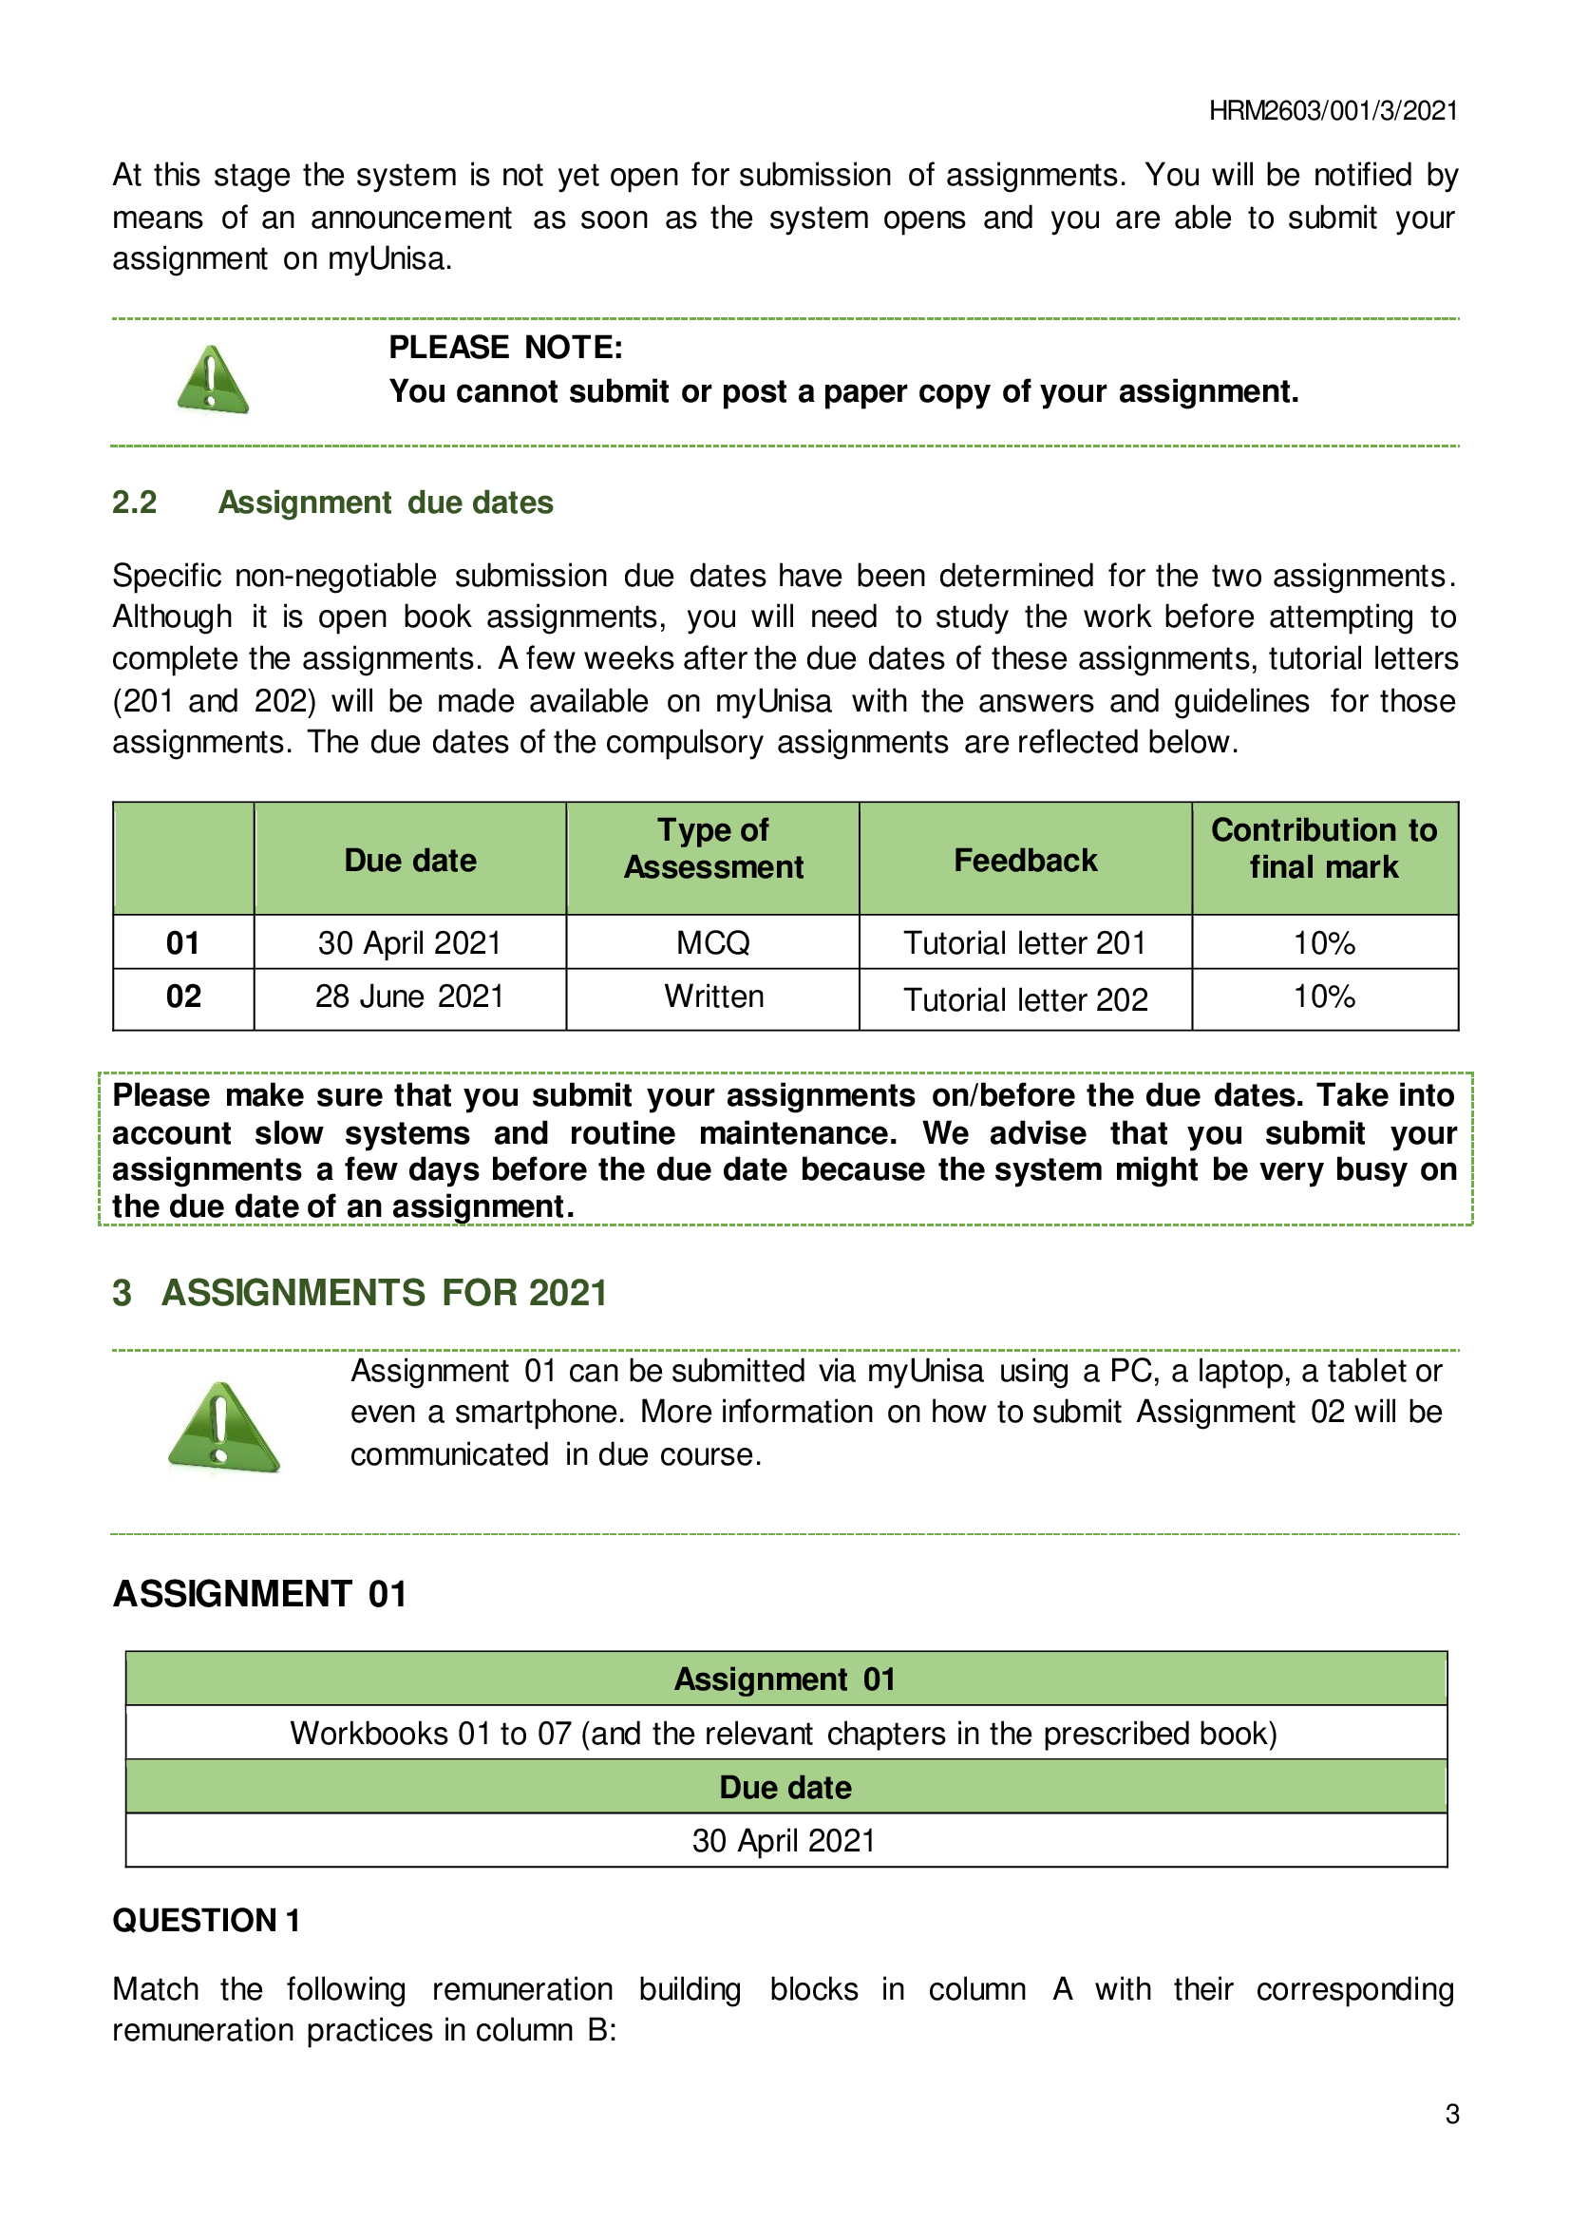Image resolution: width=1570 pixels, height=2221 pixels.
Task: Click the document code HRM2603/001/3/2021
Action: [x=1332, y=111]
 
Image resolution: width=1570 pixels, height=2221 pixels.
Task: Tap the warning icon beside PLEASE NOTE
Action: [x=213, y=379]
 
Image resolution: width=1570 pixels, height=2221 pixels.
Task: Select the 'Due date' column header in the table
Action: [x=410, y=860]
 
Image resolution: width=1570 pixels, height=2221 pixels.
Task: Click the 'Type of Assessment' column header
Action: [x=713, y=848]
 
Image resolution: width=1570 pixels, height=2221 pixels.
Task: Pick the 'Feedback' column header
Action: [x=1026, y=860]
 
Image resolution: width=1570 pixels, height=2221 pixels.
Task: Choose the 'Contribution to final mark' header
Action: [x=1323, y=848]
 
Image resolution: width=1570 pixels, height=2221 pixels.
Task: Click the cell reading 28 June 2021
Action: [x=410, y=997]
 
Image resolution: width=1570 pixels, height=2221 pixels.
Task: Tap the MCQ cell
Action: [x=713, y=942]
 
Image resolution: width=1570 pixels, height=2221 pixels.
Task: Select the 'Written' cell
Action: [x=713, y=997]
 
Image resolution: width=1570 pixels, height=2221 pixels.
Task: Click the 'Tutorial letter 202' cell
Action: [x=1026, y=999]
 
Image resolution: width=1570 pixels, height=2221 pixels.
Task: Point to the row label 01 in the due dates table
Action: [x=182, y=942]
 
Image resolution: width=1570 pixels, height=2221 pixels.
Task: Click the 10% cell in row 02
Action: [x=1323, y=997]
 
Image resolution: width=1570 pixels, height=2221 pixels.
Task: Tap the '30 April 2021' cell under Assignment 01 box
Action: [x=785, y=1840]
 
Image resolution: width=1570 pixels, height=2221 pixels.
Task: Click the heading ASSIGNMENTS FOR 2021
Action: [x=384, y=1293]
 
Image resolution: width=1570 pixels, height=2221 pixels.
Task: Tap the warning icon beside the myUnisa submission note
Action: [x=223, y=1428]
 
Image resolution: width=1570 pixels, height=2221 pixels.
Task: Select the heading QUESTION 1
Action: [x=206, y=1920]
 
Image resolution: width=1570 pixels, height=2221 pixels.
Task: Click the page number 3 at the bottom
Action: [x=1451, y=2114]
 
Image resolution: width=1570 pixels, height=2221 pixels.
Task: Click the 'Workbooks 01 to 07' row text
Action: [x=785, y=1733]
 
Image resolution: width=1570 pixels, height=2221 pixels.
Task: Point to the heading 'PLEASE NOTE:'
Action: [x=506, y=348]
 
